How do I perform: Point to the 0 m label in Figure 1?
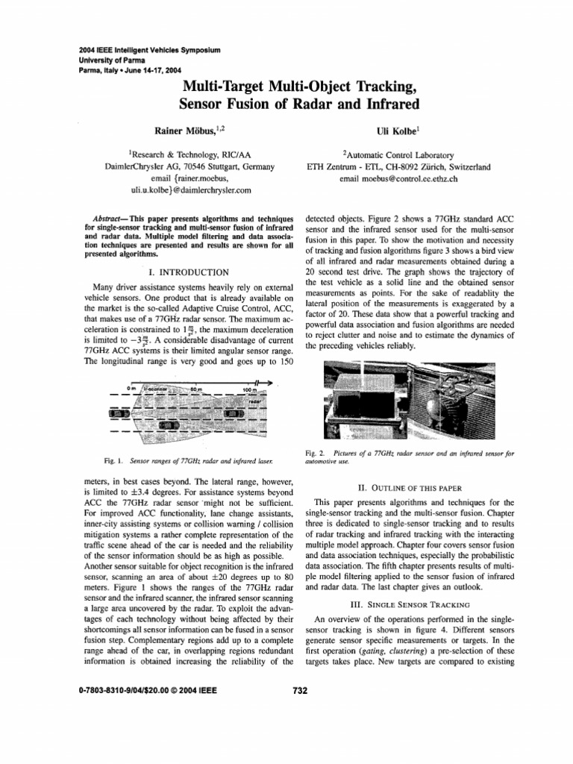(x=132, y=389)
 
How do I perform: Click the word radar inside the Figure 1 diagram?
(x=254, y=401)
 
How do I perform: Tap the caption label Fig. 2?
(x=314, y=453)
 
